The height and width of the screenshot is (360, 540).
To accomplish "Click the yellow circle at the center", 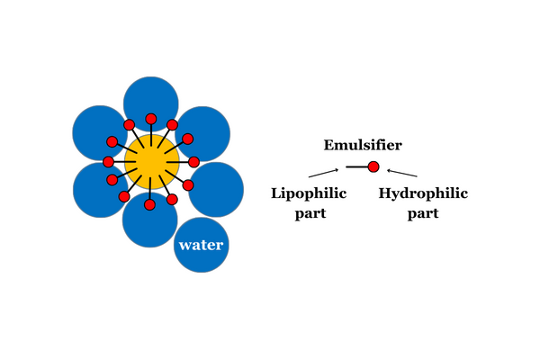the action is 152,162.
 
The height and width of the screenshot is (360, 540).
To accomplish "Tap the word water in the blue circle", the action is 201,245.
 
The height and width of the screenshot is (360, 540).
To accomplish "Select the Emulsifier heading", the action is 363,145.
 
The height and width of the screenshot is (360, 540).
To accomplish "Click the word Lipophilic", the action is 309,193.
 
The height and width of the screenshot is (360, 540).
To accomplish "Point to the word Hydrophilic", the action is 423,193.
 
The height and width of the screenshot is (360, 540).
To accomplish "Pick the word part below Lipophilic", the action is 310,213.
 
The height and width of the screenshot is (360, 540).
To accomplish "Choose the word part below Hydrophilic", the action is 423,213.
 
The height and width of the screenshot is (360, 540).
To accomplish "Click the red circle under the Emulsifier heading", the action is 373,167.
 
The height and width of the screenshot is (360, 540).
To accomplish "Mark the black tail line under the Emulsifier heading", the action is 357,167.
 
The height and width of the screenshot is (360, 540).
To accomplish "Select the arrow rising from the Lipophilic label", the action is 324,173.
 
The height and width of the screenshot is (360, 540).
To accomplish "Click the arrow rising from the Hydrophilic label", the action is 402,173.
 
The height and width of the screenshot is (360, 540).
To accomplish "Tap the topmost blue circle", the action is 151,104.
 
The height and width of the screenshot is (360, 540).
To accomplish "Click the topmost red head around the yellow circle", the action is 151,119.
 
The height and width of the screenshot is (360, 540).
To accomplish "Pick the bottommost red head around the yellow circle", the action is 149,204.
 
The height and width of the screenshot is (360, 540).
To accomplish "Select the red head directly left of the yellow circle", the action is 109,162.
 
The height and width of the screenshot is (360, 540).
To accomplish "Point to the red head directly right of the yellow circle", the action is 193,162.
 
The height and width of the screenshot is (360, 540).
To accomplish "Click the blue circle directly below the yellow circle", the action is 149,220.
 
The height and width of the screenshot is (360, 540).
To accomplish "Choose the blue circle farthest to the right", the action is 216,190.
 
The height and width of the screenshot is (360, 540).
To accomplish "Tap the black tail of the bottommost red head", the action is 150,188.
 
